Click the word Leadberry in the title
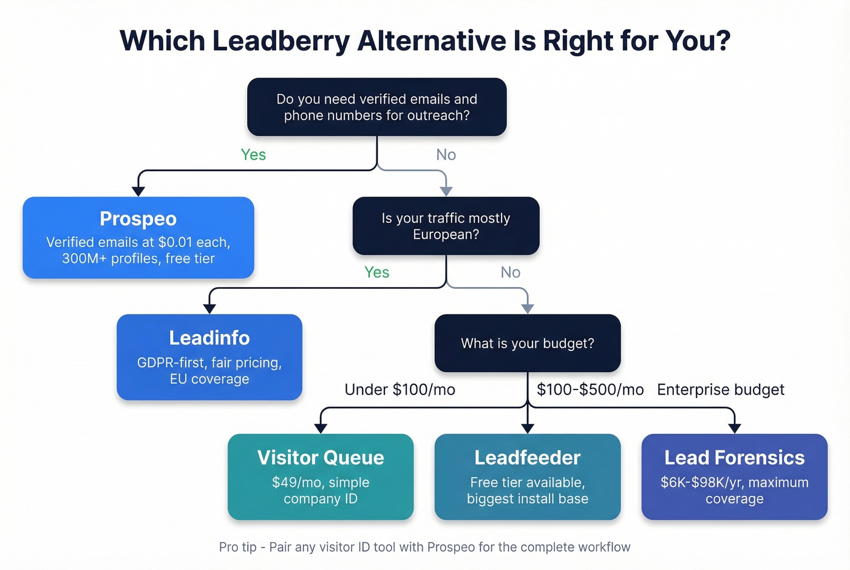point(281,41)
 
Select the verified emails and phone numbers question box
point(376,107)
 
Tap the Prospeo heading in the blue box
point(138,219)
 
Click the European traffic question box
point(446,226)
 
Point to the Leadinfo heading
point(209,338)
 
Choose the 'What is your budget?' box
point(527,343)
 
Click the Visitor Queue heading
point(321,457)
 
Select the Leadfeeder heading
point(527,457)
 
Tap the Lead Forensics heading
point(734,457)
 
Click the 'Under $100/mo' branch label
point(399,390)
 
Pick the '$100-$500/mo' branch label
point(590,390)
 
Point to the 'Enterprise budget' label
point(720,390)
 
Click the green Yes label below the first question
point(253,155)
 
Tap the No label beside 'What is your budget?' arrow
point(510,273)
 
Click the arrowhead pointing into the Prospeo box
point(138,191)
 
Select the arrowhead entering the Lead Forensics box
point(734,428)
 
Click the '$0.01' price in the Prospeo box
point(176,242)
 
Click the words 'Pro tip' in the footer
point(237,547)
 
